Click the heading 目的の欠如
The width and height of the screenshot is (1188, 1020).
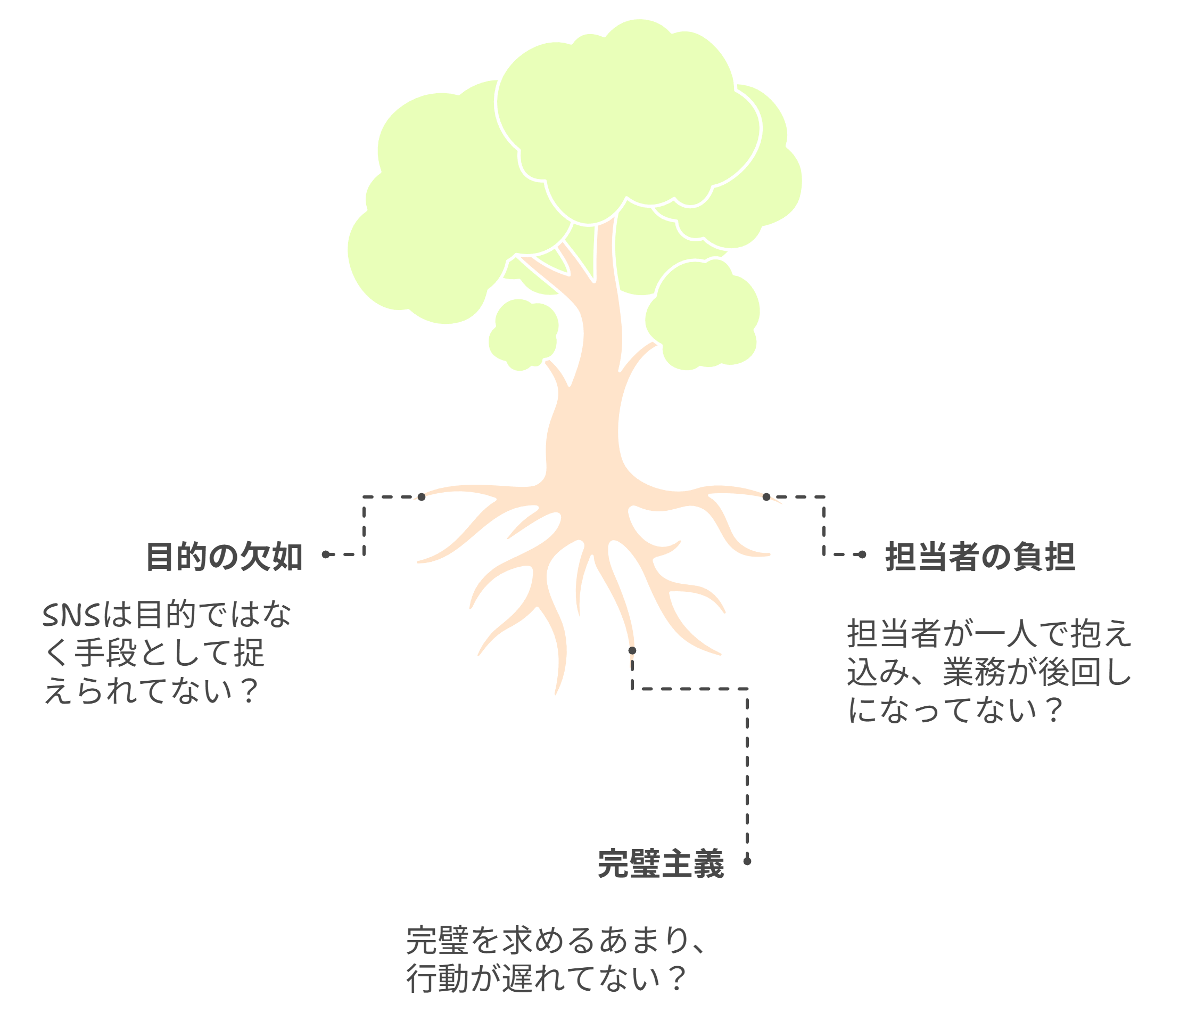pos(224,557)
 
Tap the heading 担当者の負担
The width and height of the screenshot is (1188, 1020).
pos(980,557)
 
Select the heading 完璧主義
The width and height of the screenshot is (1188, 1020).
pos(661,863)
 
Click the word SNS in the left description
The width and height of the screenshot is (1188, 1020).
pos(72,616)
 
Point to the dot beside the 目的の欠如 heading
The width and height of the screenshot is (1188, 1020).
pos(326,554)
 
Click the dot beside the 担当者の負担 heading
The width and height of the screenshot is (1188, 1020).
pos(862,554)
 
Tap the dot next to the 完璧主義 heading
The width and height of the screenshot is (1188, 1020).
pos(747,861)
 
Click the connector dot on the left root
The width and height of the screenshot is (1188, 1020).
pos(422,497)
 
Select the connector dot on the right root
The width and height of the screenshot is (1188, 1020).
pos(766,497)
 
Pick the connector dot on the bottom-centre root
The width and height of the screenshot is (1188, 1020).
pos(632,650)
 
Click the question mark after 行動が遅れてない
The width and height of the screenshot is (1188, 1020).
pos(677,978)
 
